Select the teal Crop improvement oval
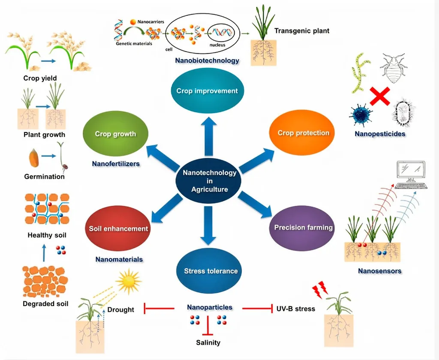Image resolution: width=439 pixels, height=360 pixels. point(207,91)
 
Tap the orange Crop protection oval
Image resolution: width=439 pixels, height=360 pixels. point(303,133)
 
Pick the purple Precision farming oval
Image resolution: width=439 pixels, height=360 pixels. point(303,228)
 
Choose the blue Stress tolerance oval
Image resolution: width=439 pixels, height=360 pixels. point(210,270)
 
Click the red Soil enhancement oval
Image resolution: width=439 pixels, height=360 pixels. point(118,228)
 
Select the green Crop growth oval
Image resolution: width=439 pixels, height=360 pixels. point(115,134)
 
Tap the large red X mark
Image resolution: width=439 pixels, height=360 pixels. point(379,96)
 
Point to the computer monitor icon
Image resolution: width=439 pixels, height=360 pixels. point(410,171)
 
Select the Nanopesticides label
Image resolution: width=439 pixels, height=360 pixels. point(380,134)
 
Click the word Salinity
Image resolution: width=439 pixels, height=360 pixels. point(208,342)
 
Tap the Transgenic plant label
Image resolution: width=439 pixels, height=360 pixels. point(302,31)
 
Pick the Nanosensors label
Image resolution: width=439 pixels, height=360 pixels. point(380,270)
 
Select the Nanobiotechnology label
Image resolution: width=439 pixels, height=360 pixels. point(207,60)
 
